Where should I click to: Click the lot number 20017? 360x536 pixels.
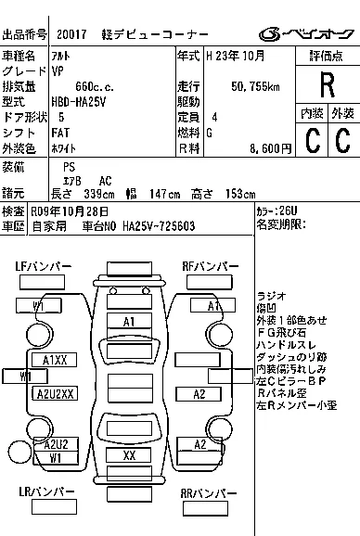(x=72, y=35)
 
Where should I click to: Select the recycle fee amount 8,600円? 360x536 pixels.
(x=256, y=148)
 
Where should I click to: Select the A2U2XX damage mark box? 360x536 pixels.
(x=56, y=393)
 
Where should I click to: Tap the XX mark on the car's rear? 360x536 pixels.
(x=129, y=456)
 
